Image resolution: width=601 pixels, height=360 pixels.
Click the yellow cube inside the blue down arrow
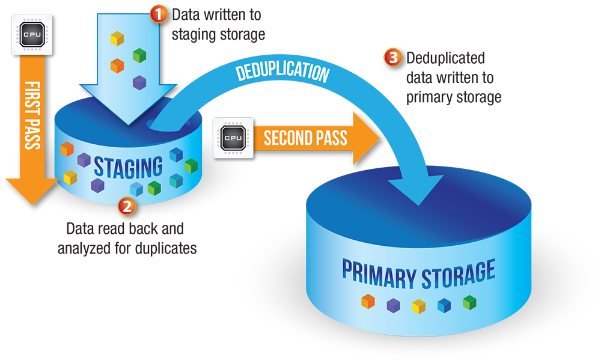[x=117, y=38]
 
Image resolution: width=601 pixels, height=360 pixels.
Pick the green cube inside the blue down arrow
[x=139, y=55]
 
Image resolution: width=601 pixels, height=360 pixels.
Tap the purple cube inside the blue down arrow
[x=139, y=82]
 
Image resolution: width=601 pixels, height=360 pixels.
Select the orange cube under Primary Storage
[x=368, y=302]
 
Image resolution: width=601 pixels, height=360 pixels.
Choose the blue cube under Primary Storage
[x=444, y=305]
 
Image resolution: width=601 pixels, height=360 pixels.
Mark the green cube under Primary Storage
[x=469, y=302]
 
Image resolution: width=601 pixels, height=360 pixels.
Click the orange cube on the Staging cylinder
[x=67, y=148]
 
